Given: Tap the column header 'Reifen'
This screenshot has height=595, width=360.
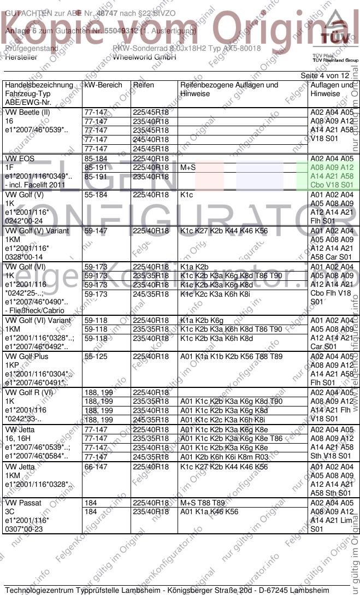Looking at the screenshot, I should [x=143, y=85].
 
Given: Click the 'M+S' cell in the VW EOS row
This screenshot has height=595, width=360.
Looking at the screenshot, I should [x=188, y=168].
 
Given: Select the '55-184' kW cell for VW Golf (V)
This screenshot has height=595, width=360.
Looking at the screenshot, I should [x=96, y=195].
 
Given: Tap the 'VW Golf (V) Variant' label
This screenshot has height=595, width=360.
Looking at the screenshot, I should [x=37, y=231].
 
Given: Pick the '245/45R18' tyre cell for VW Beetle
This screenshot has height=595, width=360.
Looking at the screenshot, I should [x=151, y=148].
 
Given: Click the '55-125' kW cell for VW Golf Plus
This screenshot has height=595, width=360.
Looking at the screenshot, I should [x=96, y=356].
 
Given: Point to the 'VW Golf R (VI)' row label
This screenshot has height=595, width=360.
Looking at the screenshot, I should [x=29, y=392].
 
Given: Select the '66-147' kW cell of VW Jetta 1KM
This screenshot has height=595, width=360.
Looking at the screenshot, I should [x=96, y=467].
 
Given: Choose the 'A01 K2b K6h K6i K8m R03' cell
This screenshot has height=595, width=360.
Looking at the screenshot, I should [x=224, y=456].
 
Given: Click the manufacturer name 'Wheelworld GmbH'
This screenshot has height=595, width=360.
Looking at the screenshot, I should [x=144, y=57].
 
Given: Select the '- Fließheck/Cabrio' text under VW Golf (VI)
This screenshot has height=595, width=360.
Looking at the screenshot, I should [x=34, y=311].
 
